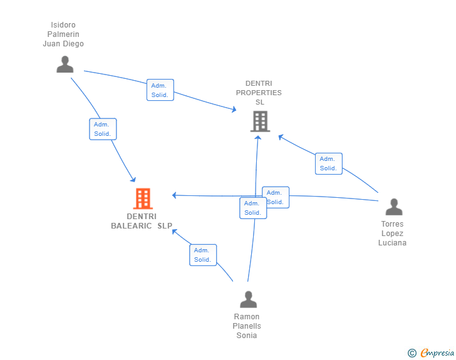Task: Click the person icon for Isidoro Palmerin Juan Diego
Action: pyautogui.click(x=65, y=64)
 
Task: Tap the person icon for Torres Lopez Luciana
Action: pyautogui.click(x=394, y=207)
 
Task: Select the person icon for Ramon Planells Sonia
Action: pyautogui.click(x=248, y=299)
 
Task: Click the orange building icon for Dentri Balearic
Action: pyautogui.click(x=143, y=198)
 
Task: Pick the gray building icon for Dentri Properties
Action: pyautogui.click(x=261, y=121)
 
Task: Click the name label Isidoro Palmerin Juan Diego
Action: pyautogui.click(x=63, y=34)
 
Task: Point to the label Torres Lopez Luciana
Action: pyautogui.click(x=392, y=233)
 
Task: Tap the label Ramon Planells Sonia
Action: pyautogui.click(x=247, y=326)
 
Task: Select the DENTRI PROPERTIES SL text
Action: pyautogui.click(x=259, y=93)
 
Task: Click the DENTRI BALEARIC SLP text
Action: pyautogui.click(x=142, y=221)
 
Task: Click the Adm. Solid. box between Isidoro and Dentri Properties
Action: pyautogui.click(x=160, y=90)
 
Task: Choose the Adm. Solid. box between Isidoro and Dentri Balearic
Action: pyautogui.click(x=103, y=129)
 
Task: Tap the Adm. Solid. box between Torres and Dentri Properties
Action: pyautogui.click(x=329, y=163)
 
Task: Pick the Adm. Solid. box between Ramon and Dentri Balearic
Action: pyautogui.click(x=203, y=255)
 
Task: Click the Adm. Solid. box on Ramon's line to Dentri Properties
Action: pyautogui.click(x=253, y=208)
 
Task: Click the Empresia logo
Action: pyautogui.click(x=437, y=352)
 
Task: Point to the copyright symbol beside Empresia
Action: pyautogui.click(x=412, y=352)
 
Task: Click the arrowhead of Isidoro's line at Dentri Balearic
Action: pyautogui.click(x=133, y=180)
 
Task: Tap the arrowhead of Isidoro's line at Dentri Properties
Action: pyautogui.click(x=234, y=110)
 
